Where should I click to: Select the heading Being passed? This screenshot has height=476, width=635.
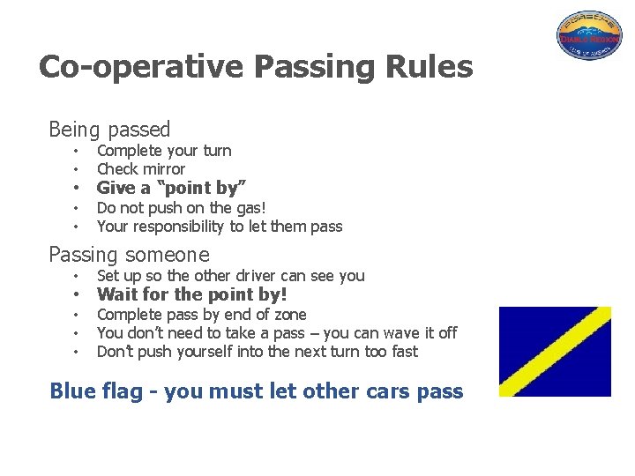coord(109,130)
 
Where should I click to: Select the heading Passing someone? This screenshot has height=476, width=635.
coord(129,255)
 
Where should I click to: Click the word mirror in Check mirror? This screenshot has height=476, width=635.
coord(165,168)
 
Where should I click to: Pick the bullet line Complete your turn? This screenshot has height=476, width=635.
coord(164,151)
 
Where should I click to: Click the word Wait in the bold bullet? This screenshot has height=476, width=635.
coord(116,294)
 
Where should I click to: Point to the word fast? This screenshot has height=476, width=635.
coord(403,352)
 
